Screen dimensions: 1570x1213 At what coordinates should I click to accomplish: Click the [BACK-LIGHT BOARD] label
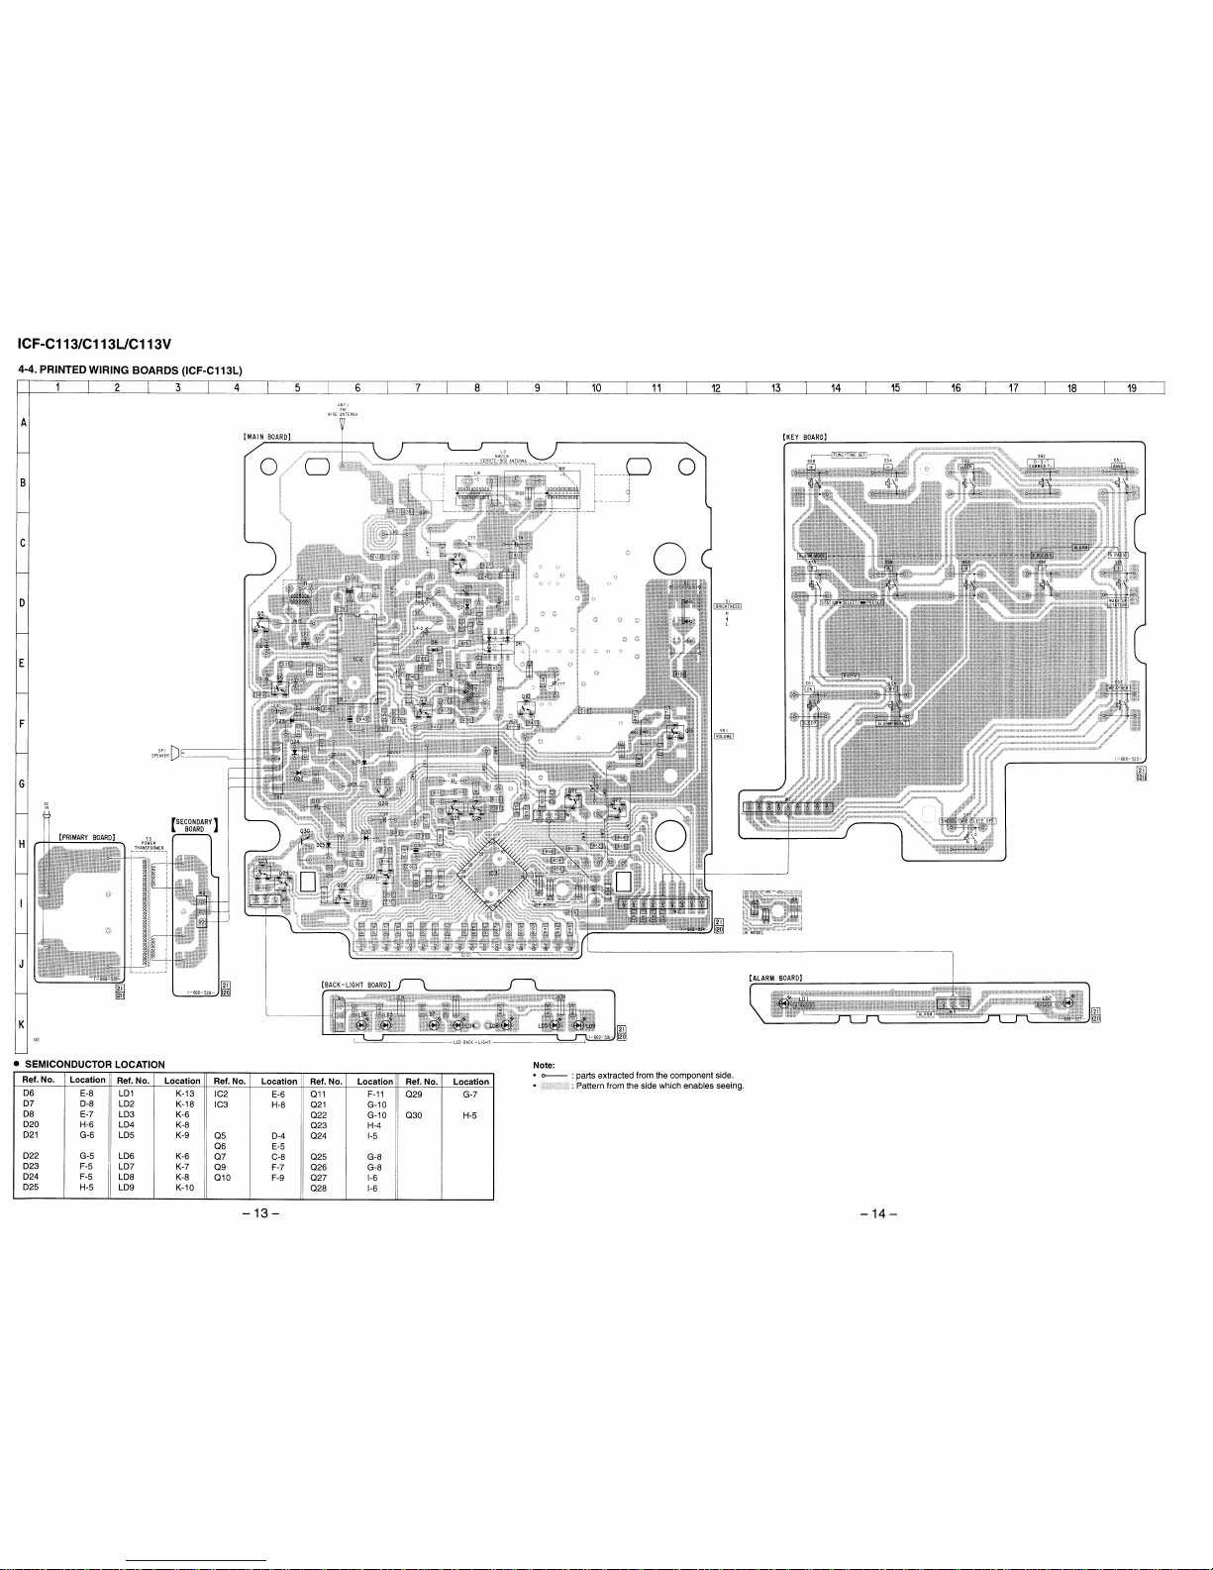(x=357, y=984)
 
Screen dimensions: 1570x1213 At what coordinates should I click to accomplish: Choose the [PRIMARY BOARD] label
(x=88, y=836)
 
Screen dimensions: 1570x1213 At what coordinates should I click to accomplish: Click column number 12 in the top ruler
(x=715, y=387)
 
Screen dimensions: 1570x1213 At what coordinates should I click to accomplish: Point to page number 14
(x=875, y=1215)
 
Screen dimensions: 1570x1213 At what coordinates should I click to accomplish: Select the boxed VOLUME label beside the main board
(x=723, y=735)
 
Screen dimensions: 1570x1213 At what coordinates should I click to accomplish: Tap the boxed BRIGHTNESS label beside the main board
(x=728, y=606)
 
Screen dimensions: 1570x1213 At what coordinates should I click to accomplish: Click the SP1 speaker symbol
(x=174, y=753)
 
